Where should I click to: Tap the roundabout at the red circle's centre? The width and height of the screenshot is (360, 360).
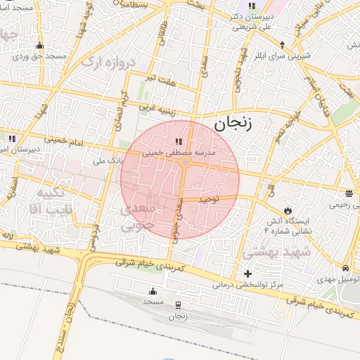[185, 162]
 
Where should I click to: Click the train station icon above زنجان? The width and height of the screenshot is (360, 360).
[177, 305]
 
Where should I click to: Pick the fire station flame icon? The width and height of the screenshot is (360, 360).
[287, 210]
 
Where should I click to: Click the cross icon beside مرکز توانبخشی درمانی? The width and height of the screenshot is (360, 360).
[247, 274]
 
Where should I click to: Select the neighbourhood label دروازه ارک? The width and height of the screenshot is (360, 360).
[107, 63]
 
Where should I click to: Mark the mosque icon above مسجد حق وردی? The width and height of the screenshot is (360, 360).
[39, 46]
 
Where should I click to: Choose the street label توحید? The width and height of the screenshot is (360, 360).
[209, 199]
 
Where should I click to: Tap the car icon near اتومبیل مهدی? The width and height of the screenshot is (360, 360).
[345, 269]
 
